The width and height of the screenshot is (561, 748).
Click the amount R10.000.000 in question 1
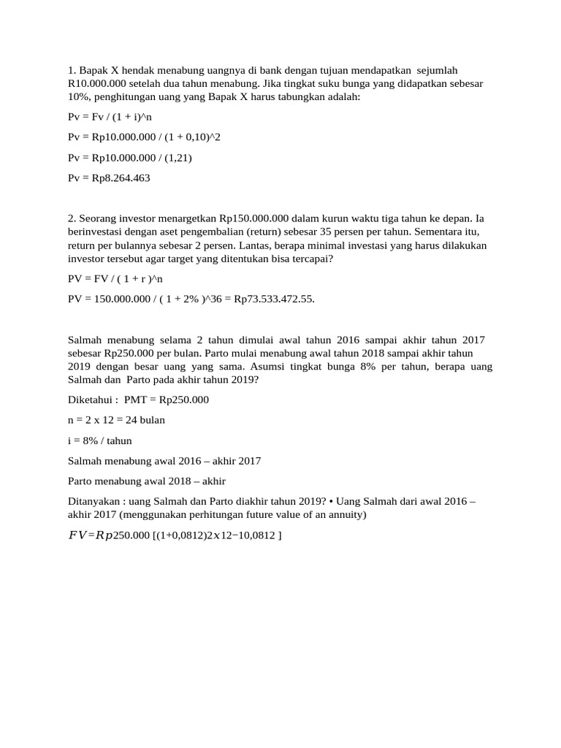click(99, 83)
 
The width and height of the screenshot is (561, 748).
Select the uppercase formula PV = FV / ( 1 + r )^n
click(115, 278)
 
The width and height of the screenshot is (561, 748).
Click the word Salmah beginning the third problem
click(85, 340)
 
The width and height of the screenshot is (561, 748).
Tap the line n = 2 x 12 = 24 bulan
click(116, 420)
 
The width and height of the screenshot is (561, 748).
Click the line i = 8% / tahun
click(100, 440)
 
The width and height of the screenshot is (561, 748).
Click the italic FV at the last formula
click(77, 535)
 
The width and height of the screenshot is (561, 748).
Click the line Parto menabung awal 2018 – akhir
click(147, 481)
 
